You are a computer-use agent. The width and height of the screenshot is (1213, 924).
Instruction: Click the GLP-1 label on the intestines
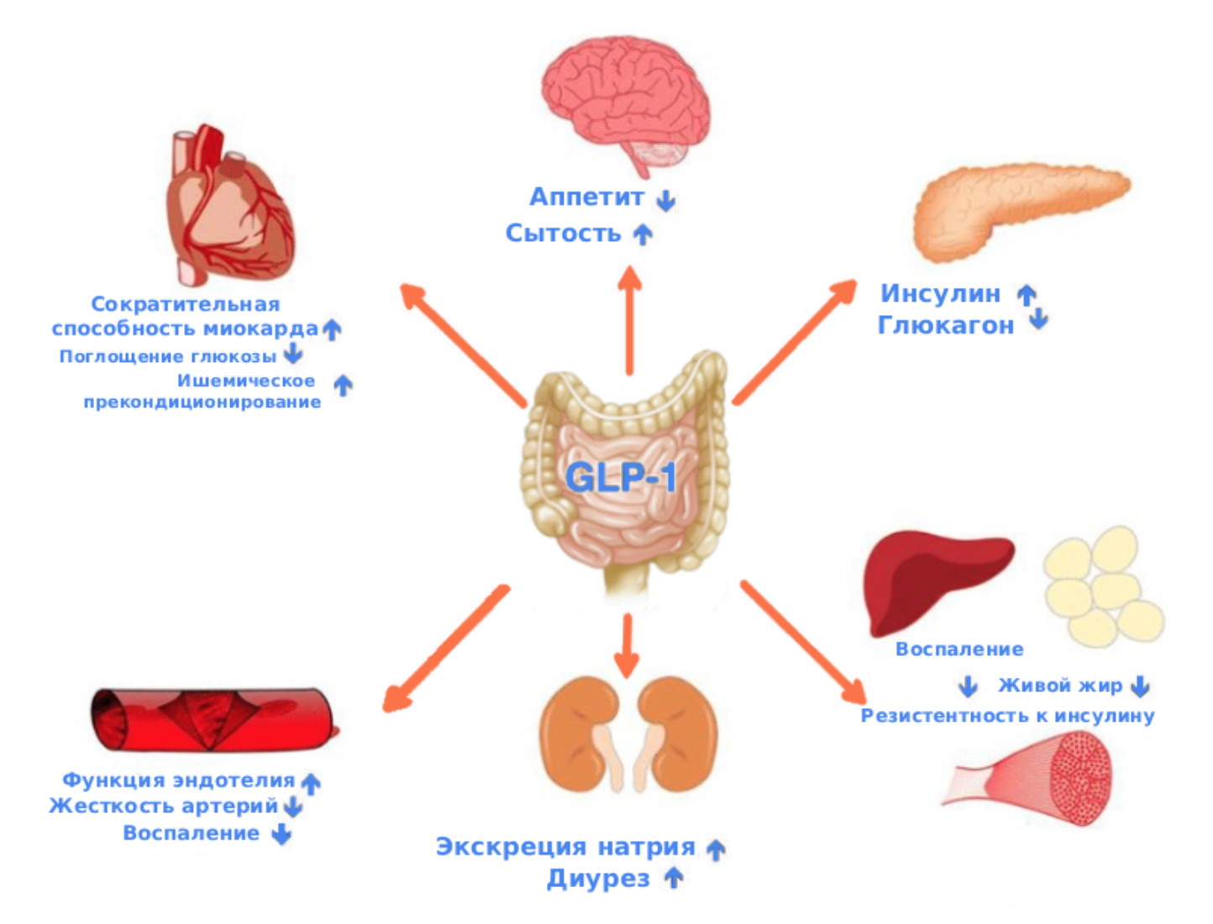coord(620,477)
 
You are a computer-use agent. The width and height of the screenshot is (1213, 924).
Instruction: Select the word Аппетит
coord(586,197)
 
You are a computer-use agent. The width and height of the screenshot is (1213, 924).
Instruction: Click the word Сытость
coord(563,234)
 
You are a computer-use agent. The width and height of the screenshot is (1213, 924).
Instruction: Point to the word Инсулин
coord(940,294)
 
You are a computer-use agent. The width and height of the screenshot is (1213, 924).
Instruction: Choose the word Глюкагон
coord(945,325)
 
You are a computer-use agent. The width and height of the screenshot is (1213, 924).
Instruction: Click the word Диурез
coord(598,879)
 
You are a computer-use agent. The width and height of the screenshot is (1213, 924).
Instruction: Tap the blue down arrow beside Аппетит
coord(666,200)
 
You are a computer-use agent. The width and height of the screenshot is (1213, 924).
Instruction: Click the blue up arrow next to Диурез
coord(674,879)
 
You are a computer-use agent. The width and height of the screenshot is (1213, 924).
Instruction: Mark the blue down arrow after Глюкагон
coord(1039,318)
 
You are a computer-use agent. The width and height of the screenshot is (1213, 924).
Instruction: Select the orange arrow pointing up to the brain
coord(629,319)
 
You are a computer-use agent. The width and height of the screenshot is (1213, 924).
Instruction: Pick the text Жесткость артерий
coord(164,806)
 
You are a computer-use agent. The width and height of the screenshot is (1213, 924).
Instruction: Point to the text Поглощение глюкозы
coord(168,357)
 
